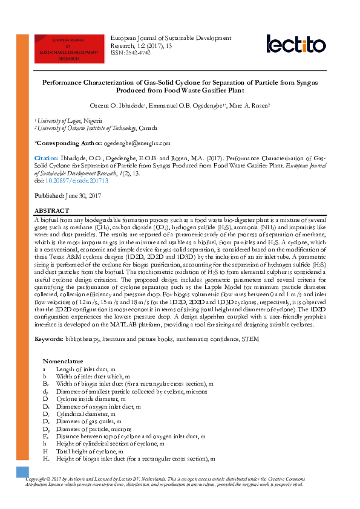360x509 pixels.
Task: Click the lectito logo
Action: (296, 44)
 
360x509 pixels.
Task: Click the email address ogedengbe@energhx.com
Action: (137, 143)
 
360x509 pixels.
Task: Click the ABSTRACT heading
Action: (52, 210)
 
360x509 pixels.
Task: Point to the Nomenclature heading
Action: (63, 361)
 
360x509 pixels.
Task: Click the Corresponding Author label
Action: (68, 143)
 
